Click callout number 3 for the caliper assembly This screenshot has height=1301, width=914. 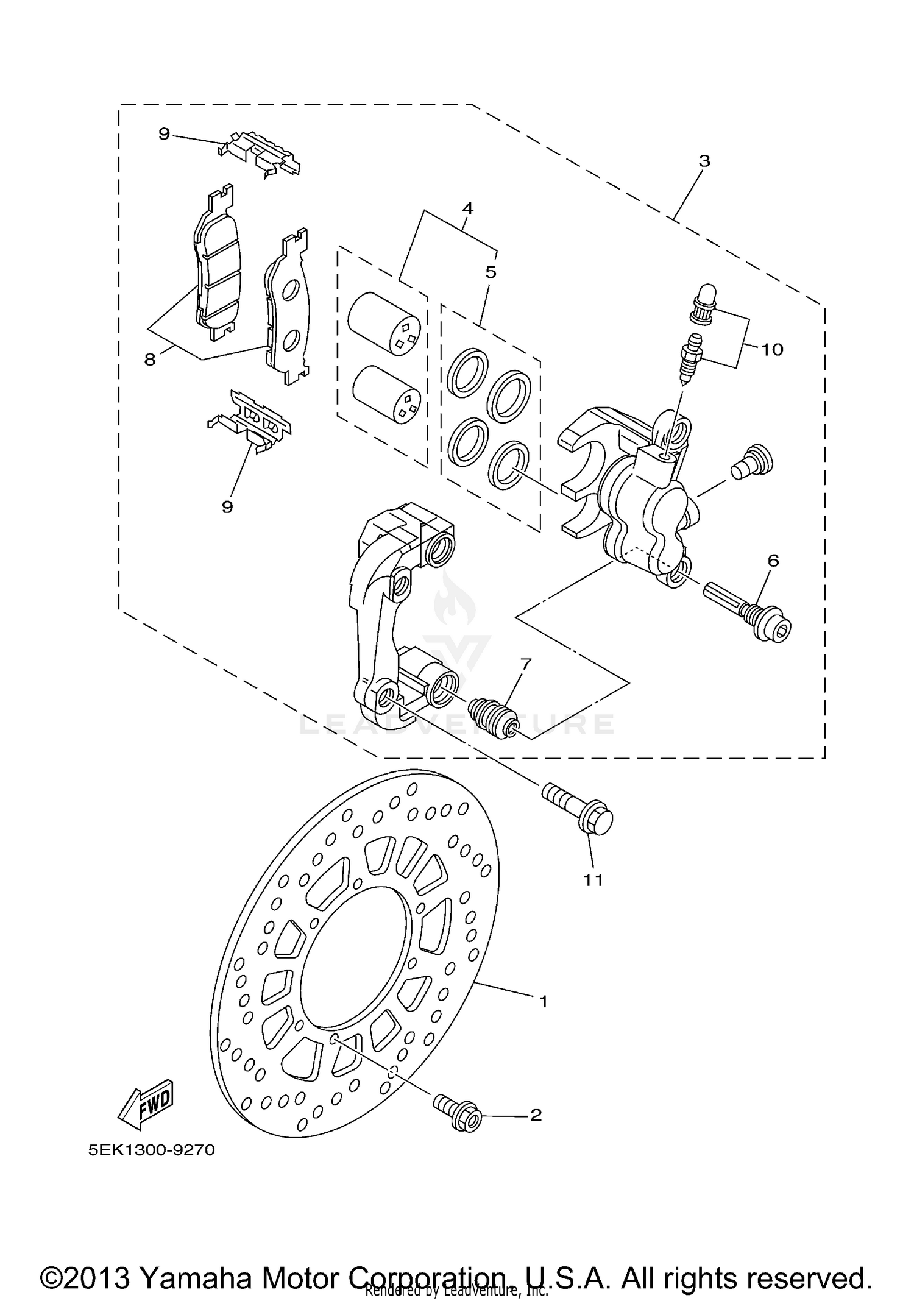pyautogui.click(x=704, y=161)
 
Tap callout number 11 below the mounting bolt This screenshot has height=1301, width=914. pyautogui.click(x=593, y=879)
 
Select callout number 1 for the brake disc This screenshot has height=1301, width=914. pyautogui.click(x=543, y=1001)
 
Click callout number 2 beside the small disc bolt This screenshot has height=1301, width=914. pyautogui.click(x=536, y=1115)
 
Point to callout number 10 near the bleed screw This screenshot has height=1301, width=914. pyautogui.click(x=771, y=349)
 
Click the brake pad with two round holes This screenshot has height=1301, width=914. pyautogui.click(x=289, y=311)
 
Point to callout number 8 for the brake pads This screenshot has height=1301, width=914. pyautogui.click(x=150, y=360)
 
